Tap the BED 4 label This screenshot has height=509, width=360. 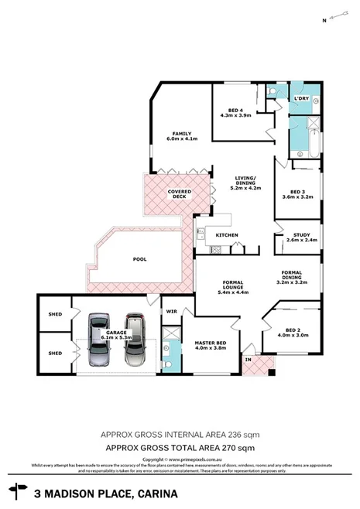(235, 110)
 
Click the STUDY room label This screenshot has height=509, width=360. (295, 234)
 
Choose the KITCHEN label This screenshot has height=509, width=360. (226, 234)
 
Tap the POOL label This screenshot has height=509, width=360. (139, 259)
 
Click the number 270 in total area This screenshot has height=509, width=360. (230, 448)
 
